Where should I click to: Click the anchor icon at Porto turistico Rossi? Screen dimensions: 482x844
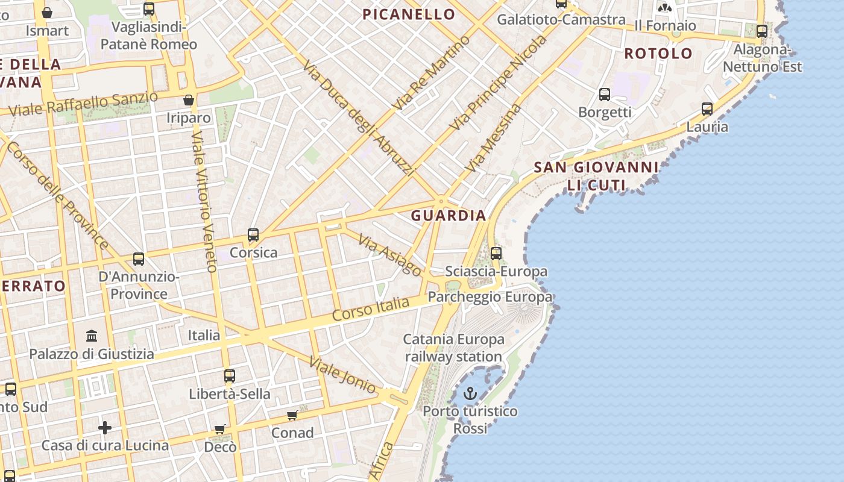[470, 395]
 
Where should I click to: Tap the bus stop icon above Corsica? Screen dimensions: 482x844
[253, 235]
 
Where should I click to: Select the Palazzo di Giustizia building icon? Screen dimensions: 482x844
[92, 336]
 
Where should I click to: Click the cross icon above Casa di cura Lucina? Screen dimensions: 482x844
[105, 428]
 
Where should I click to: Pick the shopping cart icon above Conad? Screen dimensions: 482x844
[292, 415]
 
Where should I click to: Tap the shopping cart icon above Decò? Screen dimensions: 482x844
[220, 429]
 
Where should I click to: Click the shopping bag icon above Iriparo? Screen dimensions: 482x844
[189, 100]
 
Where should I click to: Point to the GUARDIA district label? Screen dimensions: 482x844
[449, 216]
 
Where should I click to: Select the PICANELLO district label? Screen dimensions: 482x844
[409, 14]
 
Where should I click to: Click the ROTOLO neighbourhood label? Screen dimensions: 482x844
[658, 54]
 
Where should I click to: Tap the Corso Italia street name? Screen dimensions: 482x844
[371, 308]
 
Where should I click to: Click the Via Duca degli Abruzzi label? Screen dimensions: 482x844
[359, 117]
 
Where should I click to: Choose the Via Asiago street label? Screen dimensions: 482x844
[389, 255]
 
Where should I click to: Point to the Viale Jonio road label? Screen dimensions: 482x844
[342, 374]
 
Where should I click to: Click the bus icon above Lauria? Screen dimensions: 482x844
[707, 109]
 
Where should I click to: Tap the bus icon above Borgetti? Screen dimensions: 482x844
[605, 95]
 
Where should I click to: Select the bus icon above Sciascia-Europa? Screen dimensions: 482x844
[496, 254]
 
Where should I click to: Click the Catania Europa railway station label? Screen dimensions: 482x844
[453, 348]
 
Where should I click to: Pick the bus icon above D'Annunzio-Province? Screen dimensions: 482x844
[139, 259]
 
